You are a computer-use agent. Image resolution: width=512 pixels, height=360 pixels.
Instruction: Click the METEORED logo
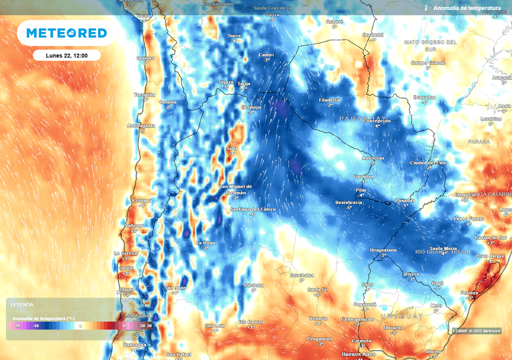66,33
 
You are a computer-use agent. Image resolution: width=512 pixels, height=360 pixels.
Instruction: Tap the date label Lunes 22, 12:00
67,55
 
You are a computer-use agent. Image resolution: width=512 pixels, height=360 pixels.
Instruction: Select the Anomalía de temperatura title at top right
467,8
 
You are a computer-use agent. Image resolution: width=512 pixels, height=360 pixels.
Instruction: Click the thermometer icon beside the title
426,8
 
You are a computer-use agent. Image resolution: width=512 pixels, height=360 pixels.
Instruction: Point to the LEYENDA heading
22,304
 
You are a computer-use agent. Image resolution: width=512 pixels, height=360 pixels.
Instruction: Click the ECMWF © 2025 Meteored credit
476,330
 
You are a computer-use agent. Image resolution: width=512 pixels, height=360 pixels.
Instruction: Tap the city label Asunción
373,158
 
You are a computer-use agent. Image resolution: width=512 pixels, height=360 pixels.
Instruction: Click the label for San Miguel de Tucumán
236,189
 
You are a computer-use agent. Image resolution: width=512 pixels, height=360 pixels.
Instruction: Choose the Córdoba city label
253,285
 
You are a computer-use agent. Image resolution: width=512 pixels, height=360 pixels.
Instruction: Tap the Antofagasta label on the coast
141,125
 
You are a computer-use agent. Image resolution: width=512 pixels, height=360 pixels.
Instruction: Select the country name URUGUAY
401,316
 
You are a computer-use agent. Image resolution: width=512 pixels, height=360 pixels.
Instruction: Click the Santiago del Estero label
253,209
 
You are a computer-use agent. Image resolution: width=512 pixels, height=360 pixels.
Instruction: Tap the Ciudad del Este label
428,163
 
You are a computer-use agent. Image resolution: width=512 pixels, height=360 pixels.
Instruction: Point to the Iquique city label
145,58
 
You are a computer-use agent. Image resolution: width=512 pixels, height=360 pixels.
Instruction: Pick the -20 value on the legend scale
17,325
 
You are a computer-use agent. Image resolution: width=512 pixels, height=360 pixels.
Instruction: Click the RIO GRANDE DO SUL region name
443,251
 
